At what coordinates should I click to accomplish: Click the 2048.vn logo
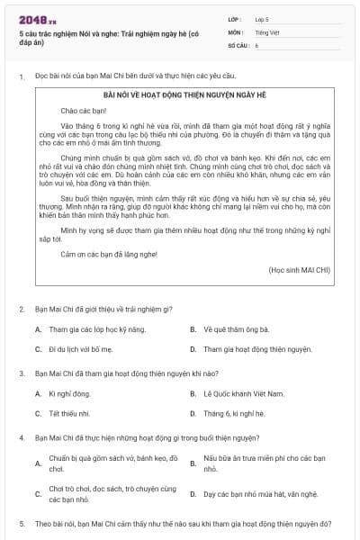point(37,18)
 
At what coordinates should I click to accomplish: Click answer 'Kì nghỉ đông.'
point(69,394)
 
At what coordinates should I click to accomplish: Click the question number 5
point(22,523)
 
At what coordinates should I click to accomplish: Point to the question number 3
point(22,372)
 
